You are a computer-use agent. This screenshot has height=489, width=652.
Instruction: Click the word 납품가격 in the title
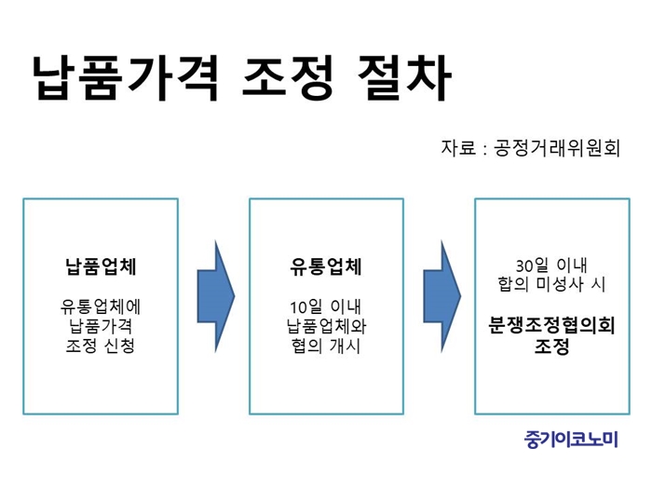point(126,78)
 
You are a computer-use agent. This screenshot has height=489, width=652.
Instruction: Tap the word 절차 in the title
point(404,78)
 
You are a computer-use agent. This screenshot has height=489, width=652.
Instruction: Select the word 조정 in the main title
point(288,78)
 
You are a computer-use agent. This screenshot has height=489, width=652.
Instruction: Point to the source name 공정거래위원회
point(557,147)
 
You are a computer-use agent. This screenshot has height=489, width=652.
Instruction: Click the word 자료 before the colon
point(458,147)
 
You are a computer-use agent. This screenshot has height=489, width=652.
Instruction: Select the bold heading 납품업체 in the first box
point(101,266)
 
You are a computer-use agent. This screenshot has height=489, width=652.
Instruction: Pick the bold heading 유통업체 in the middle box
point(326,266)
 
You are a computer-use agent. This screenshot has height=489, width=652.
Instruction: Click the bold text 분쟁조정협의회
point(551,325)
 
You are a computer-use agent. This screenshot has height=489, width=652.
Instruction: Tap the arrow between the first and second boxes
point(216,296)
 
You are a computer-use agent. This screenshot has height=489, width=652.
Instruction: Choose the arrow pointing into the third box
point(442,296)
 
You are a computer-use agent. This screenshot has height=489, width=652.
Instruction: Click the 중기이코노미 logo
point(571,439)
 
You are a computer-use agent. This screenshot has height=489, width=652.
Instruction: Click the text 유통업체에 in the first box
point(101,306)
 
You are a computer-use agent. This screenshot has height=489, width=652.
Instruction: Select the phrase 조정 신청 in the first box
point(101,346)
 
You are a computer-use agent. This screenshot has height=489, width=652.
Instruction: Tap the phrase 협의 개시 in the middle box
point(326,346)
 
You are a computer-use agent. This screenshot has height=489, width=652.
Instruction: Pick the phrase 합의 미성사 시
point(551,284)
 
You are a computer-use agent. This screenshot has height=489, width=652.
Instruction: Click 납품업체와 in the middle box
point(326,326)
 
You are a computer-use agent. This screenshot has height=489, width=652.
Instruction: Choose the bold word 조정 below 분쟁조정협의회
point(551,346)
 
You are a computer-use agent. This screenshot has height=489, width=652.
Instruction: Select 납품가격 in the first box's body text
point(101,326)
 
